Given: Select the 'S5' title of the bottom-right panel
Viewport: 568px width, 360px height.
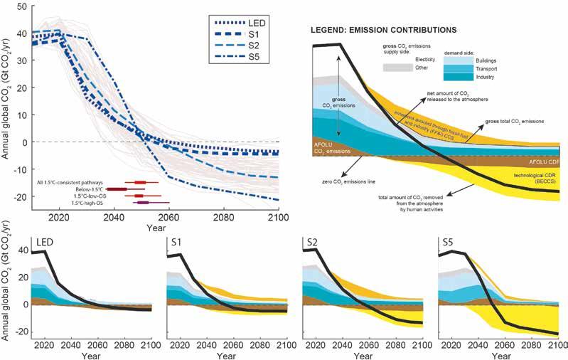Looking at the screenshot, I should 448,243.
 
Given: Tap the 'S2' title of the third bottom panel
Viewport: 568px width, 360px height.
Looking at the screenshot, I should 311,243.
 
